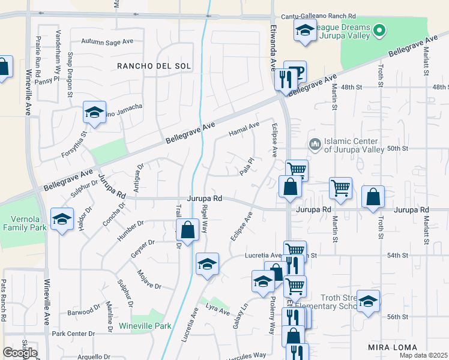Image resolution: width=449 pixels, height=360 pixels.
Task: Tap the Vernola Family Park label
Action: coord(24,223)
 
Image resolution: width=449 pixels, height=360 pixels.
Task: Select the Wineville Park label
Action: coord(146,326)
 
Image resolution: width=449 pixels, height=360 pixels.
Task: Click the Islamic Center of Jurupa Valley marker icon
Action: coord(315,144)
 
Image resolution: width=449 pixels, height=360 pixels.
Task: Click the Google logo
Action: coord(19,353)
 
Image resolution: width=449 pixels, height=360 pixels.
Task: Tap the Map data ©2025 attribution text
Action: coord(424,355)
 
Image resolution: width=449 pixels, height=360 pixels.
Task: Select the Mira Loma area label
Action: coord(393,347)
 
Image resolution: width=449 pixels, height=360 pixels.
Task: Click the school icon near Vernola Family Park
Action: coord(62,220)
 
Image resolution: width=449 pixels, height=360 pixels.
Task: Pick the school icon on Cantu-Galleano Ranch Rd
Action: coord(305,30)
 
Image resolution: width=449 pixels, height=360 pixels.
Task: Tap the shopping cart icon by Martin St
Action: coord(340,188)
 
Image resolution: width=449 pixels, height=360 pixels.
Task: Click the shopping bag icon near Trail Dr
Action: coord(188,230)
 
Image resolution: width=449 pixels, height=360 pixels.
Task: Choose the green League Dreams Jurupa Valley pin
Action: coord(379,29)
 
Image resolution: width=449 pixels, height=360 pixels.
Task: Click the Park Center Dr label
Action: coord(73,333)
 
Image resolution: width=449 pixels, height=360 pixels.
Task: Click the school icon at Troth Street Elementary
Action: coord(369,302)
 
